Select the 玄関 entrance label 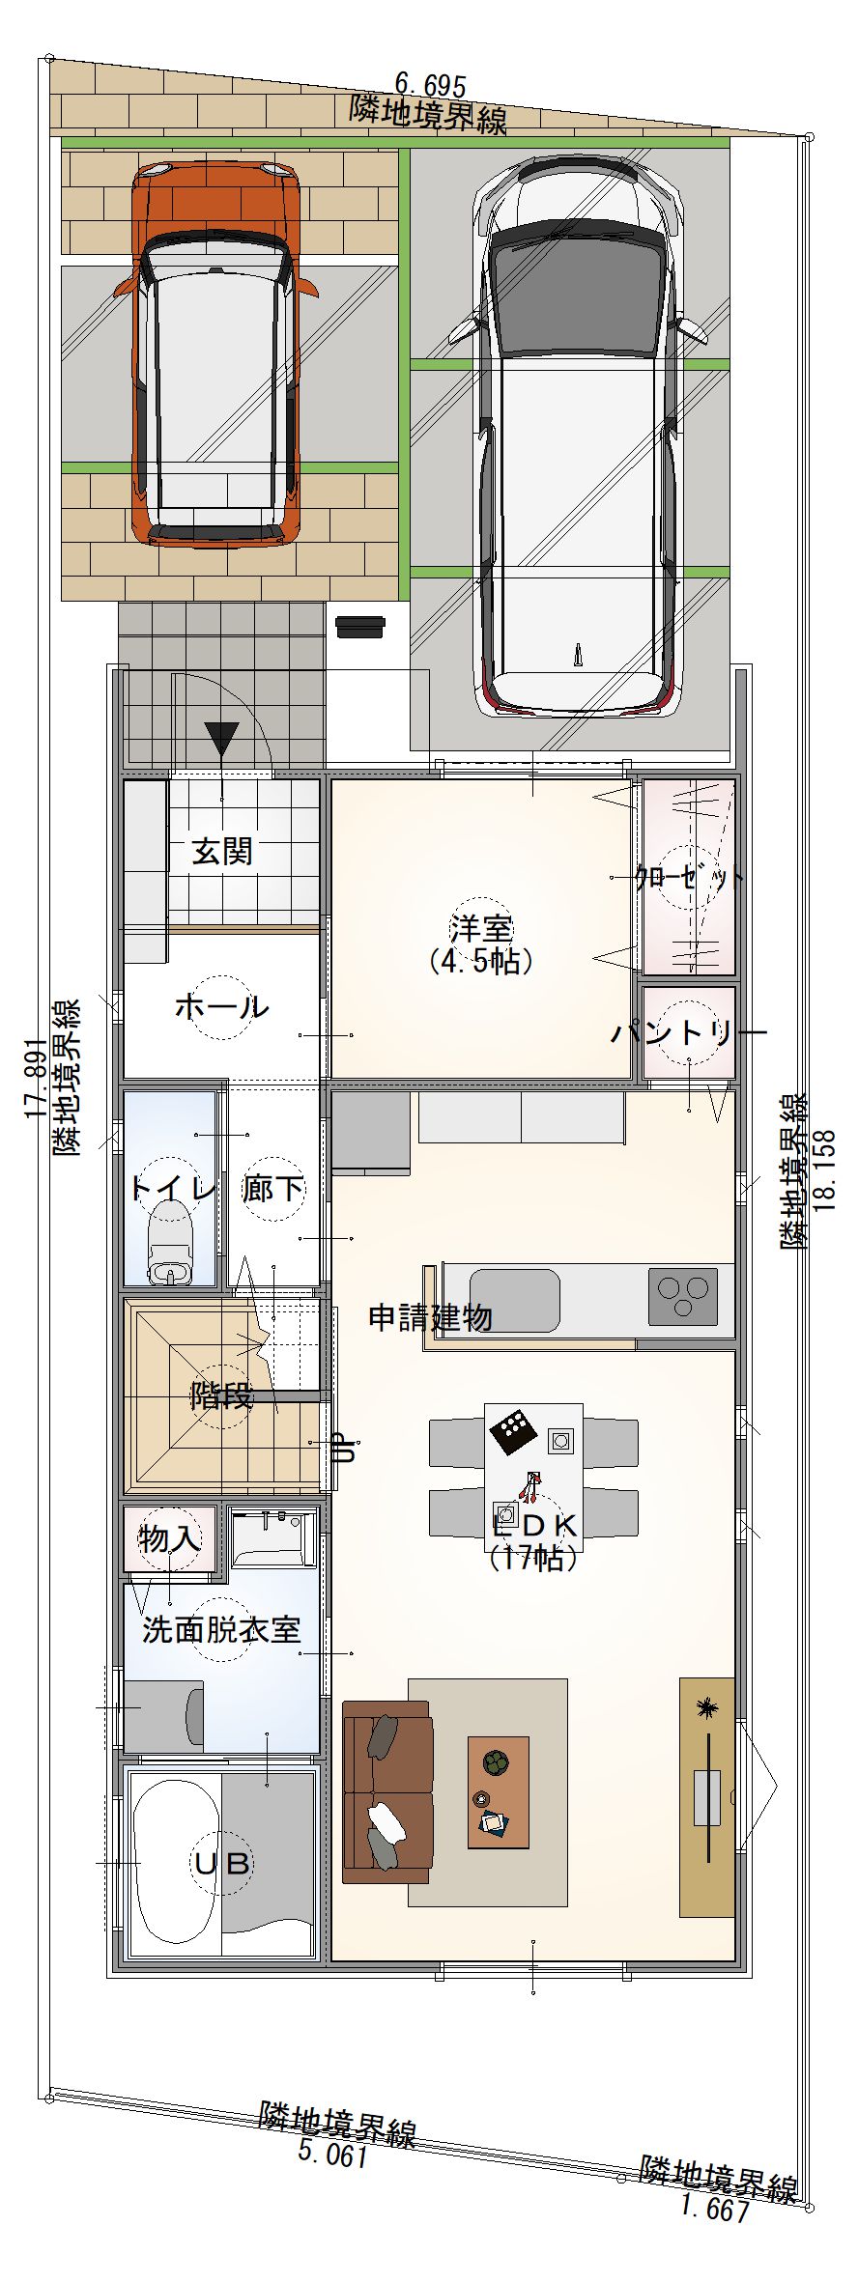(222, 852)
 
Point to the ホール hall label (221, 1007)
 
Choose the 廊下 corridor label (273, 1189)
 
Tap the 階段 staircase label (221, 1395)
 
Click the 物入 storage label (170, 1539)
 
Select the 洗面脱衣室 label (221, 1630)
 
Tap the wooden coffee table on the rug (499, 1792)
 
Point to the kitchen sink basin (515, 1300)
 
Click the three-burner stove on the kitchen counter (683, 1296)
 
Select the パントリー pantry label (689, 1033)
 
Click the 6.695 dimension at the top (430, 86)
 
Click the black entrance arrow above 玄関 (221, 740)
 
